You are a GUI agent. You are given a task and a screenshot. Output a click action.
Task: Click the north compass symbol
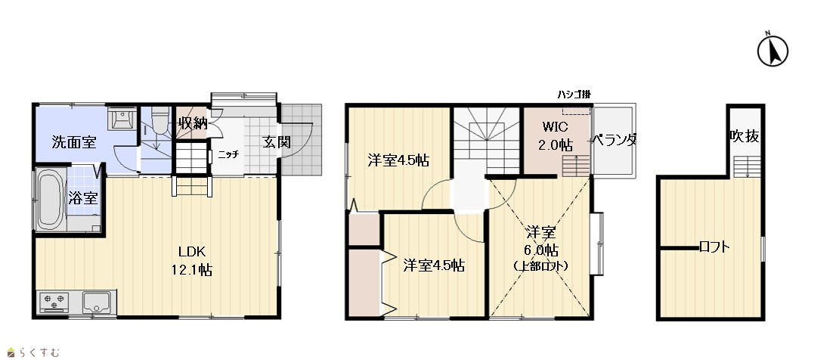(773, 51)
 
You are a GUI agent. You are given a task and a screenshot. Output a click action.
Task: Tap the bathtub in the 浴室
(49, 200)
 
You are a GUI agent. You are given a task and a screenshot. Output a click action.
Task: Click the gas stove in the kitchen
(55, 301)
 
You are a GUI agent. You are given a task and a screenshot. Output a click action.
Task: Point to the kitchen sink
(95, 301)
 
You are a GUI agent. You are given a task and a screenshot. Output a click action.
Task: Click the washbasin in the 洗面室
(116, 118)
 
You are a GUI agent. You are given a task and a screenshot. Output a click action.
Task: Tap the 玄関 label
(276, 142)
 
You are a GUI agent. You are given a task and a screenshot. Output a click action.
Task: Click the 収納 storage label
(193, 124)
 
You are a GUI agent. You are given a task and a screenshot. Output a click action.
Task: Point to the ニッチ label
(228, 155)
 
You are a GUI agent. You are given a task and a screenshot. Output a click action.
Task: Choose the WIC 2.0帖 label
(556, 136)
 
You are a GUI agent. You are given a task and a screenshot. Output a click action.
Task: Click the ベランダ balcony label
(615, 141)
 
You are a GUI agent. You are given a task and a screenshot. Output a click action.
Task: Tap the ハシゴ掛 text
(574, 95)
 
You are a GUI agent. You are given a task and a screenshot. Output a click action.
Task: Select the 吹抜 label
(745, 137)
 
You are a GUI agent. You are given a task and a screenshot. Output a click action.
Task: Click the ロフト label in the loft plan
(714, 247)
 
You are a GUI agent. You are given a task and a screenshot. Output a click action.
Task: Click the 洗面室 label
(73, 142)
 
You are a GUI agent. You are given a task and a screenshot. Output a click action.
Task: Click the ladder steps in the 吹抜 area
(747, 166)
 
